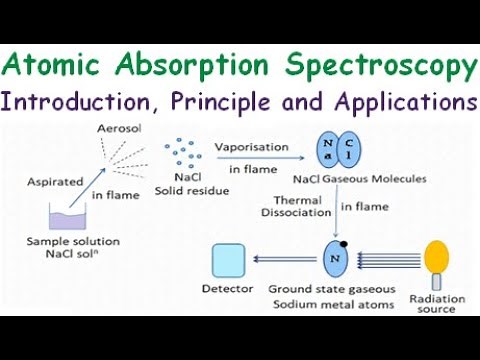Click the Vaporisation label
[x=250, y=146]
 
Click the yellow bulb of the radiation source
[x=436, y=254]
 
